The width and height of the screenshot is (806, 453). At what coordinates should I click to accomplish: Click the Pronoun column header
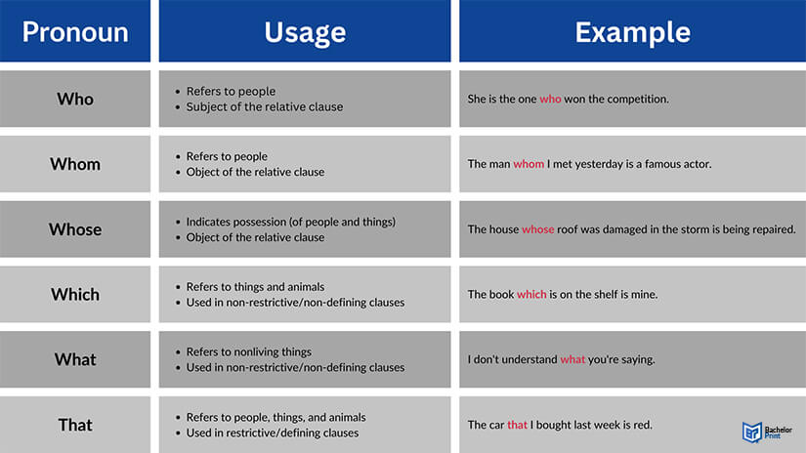(x=75, y=32)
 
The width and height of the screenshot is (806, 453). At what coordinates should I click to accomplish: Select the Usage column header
(x=305, y=33)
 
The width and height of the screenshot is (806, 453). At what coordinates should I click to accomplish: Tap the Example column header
(x=632, y=33)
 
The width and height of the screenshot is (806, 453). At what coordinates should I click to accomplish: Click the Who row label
(x=75, y=99)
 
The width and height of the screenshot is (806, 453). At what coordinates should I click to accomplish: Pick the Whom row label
(x=75, y=164)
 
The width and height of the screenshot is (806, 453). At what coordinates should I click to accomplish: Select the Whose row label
(x=75, y=229)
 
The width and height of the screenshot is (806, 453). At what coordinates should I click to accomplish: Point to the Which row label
(x=75, y=294)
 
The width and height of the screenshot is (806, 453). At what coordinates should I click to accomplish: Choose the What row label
(x=75, y=359)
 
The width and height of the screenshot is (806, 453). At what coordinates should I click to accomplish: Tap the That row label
(x=75, y=425)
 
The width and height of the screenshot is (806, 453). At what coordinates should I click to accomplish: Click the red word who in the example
(x=550, y=99)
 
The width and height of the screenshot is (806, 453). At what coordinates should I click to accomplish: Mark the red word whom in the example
(x=529, y=164)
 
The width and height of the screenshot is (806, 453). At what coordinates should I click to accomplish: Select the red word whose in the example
(x=537, y=229)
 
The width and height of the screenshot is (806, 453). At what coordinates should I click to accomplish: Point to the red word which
(x=531, y=294)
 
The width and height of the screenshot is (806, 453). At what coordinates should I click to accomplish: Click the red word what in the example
(x=573, y=359)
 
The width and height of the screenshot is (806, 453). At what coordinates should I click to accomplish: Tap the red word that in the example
(x=517, y=425)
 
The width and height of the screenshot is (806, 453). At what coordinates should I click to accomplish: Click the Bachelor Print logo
(x=767, y=432)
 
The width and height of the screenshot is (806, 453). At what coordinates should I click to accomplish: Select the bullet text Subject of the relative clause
(x=264, y=106)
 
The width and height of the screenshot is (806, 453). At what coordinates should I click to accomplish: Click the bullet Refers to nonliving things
(x=249, y=351)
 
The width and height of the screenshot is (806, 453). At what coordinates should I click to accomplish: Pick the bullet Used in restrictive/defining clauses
(x=273, y=432)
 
